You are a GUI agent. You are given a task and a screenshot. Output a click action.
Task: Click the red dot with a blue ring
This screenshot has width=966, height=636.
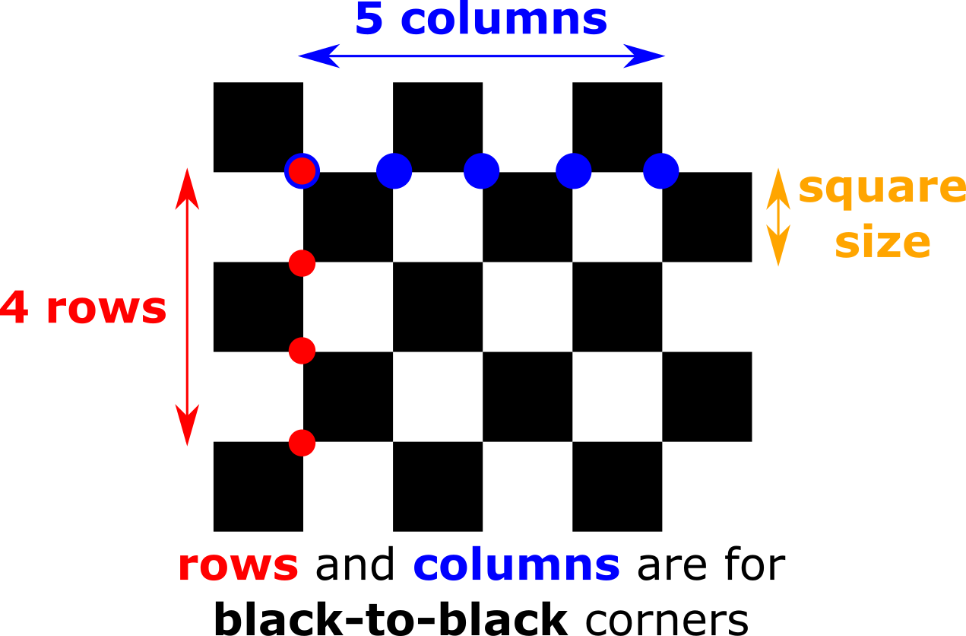pyautogui.click(x=302, y=171)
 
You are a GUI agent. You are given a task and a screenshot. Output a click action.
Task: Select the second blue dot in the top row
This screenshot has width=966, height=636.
pyautogui.click(x=394, y=171)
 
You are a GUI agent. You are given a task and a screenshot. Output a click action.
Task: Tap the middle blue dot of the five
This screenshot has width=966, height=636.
pyautogui.click(x=482, y=171)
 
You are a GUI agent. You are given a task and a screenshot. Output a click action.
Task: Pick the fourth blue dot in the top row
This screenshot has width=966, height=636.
pyautogui.click(x=574, y=171)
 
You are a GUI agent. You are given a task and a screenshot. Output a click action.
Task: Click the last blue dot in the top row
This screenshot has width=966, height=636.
pyautogui.click(x=661, y=171)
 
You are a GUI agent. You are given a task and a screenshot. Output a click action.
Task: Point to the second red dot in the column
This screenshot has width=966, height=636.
pyautogui.click(x=302, y=263)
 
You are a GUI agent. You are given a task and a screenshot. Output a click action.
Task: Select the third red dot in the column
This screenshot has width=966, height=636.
pyautogui.click(x=302, y=351)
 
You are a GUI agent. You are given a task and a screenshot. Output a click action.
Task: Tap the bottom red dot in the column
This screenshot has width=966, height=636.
pyautogui.click(x=302, y=443)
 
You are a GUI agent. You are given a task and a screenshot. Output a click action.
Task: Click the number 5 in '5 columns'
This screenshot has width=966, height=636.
pyautogui.click(x=369, y=20)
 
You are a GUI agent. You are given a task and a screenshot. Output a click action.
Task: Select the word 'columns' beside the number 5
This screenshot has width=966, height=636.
pyautogui.click(x=503, y=20)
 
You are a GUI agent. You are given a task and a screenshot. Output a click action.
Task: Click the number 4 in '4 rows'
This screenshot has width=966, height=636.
pyautogui.click(x=14, y=309)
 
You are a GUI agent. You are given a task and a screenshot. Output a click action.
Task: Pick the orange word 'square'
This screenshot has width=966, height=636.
pyautogui.click(x=880, y=189)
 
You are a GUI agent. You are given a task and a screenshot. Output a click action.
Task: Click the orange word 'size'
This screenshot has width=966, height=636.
pyautogui.click(x=882, y=243)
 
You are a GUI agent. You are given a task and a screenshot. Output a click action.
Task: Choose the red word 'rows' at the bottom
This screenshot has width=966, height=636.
pyautogui.click(x=238, y=567)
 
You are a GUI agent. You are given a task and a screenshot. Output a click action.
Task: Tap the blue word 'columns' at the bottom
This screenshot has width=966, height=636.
pyautogui.click(x=517, y=567)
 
